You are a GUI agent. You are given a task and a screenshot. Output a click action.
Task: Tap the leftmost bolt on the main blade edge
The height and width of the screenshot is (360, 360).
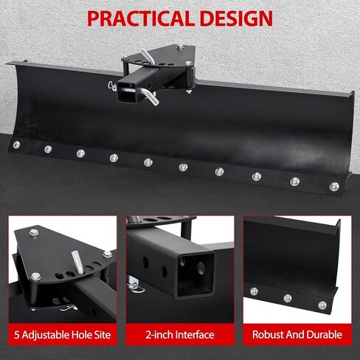click(16, 145)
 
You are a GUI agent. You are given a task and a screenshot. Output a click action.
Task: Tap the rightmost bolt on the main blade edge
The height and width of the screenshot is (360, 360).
click(334, 187)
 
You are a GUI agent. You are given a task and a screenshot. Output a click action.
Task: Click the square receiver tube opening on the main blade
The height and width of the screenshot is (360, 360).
click(127, 92)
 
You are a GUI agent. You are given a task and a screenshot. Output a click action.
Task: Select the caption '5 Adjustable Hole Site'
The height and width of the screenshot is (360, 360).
click(63, 335)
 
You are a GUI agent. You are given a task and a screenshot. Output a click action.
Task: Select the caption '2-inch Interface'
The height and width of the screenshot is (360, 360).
click(180, 335)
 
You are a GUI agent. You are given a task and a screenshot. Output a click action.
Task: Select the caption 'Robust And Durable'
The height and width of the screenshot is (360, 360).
click(297, 335)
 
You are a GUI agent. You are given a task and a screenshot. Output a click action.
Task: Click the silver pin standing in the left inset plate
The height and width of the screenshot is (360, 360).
click(77, 262)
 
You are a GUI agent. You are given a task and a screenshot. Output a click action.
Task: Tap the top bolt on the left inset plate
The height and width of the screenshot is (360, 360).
click(34, 232)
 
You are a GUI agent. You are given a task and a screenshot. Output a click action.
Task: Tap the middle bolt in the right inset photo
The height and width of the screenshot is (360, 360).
click(288, 299)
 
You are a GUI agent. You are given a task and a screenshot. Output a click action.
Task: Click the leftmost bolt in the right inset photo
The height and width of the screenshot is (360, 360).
click(254, 291)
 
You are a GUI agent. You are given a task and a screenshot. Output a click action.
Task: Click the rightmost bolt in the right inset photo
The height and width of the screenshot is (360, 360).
click(322, 305)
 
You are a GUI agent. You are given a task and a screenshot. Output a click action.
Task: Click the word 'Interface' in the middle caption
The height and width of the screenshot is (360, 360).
click(195, 335)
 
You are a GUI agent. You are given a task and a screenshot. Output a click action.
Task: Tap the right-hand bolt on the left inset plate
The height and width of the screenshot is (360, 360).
click(108, 255)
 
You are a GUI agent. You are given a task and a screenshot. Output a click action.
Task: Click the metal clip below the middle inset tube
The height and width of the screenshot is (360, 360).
click(136, 287)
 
